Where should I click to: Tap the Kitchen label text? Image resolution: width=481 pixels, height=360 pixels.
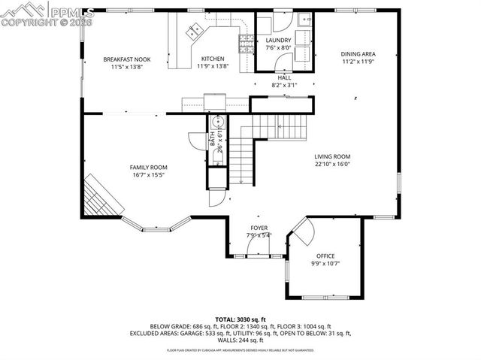(x=212, y=59)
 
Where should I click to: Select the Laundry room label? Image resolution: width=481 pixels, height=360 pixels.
(x=278, y=41)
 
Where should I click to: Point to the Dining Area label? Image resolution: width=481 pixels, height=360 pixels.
(x=358, y=54)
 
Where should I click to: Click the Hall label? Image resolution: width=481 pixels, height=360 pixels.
(x=284, y=77)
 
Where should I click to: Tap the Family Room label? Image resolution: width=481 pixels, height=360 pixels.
(x=149, y=168)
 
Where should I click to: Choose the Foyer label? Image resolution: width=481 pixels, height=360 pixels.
(x=259, y=228)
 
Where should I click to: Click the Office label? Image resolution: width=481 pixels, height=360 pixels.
(x=325, y=256)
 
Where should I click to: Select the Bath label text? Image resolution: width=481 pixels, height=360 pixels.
(x=213, y=138)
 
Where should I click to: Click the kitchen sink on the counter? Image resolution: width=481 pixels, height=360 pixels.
(x=196, y=31)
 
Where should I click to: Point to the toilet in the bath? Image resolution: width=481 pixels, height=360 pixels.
(x=219, y=123)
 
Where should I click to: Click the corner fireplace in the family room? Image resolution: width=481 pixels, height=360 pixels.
(x=98, y=195)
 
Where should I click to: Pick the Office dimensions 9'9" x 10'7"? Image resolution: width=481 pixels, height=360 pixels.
(x=325, y=264)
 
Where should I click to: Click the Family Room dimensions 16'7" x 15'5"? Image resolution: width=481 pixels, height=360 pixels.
(x=149, y=175)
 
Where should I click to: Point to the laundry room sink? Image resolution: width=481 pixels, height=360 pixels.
(x=304, y=21)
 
